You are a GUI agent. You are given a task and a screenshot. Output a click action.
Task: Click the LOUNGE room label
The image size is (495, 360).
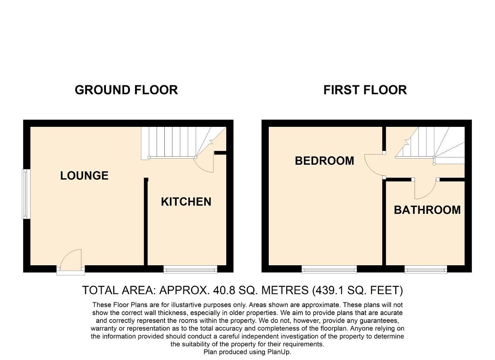[84, 176]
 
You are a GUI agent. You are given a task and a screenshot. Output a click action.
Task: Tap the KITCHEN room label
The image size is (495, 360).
[186, 202]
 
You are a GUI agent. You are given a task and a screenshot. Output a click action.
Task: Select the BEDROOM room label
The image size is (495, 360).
[324, 160]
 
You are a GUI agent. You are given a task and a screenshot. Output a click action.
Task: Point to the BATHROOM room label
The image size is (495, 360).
[427, 210]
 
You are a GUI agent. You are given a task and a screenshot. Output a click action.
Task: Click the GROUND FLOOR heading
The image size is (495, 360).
[126, 90]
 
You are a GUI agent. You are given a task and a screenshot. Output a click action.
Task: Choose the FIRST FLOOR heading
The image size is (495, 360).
[365, 90]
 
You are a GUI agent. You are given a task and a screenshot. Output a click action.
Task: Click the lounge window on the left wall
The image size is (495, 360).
[26, 194]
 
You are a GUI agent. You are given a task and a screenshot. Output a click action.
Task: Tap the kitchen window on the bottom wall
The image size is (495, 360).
[190, 270]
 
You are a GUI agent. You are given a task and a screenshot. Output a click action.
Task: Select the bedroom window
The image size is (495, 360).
[329, 270]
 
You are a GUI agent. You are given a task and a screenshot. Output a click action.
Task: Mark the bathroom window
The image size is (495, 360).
[426, 270]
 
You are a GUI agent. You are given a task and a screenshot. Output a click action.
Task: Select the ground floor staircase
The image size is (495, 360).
[183, 143]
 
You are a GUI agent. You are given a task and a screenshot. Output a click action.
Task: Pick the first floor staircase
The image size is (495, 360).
[430, 145]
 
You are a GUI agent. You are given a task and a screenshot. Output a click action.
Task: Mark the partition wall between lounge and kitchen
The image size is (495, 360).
[146, 222]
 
